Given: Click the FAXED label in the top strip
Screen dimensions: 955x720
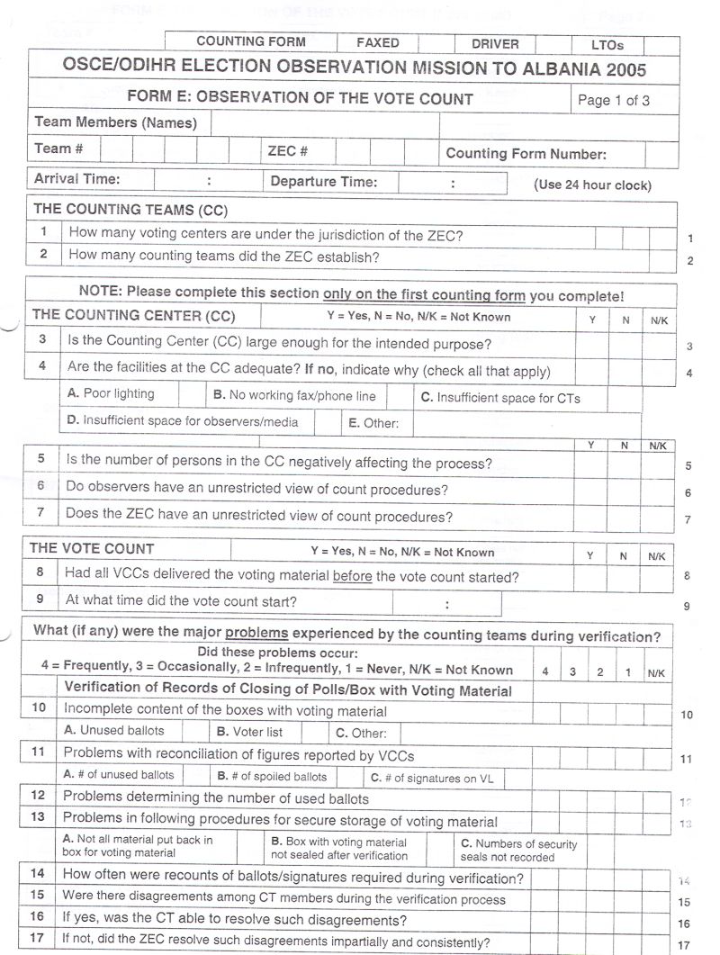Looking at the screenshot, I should click(x=377, y=42).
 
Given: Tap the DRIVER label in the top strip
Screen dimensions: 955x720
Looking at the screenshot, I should click(x=495, y=43).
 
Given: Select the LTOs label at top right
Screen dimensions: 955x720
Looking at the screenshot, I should click(x=607, y=44).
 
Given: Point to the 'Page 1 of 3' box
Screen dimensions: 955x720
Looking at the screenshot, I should click(x=613, y=100).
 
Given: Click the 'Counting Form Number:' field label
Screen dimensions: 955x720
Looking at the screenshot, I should click(x=526, y=154).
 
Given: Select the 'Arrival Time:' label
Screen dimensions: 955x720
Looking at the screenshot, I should click(x=76, y=179).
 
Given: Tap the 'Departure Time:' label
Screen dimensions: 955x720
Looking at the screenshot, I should click(x=323, y=182).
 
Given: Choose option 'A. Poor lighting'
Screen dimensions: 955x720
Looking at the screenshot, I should click(x=111, y=394).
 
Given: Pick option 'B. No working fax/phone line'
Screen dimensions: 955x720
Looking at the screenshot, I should click(x=294, y=395).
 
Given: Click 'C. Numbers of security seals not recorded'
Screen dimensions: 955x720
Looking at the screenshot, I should click(x=518, y=850).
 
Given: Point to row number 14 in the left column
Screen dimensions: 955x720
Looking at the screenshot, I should click(x=38, y=873).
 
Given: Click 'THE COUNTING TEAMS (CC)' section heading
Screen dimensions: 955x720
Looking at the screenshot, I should click(x=130, y=210).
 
